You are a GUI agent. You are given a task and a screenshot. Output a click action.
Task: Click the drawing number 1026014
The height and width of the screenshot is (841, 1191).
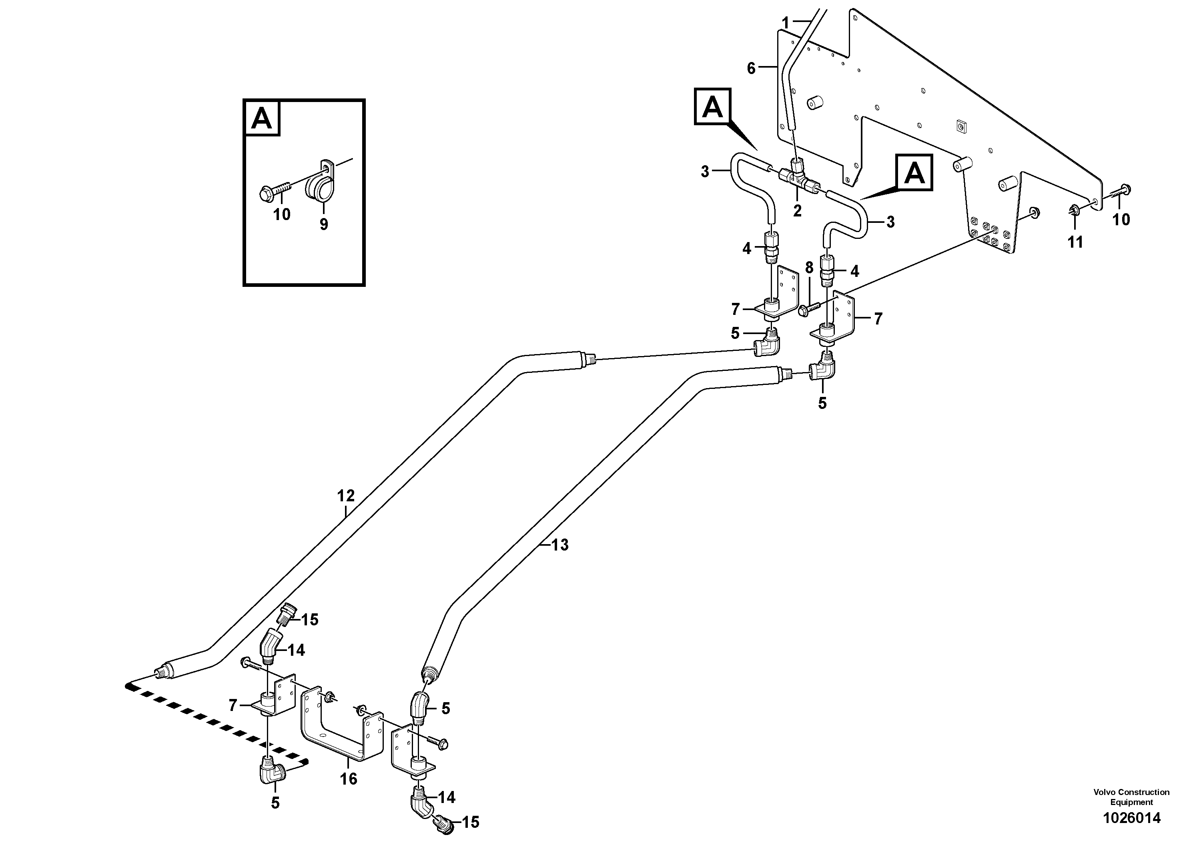coord(1131,818)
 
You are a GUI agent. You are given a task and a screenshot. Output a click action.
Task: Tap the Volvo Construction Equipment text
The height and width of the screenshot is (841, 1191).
coord(1131,797)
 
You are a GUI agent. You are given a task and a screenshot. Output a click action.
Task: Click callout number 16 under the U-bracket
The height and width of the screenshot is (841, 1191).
coord(349,778)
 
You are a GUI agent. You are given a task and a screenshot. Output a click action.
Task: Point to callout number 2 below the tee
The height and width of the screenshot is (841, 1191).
coord(797,210)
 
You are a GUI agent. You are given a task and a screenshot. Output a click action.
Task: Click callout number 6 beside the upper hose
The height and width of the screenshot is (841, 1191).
coord(751,68)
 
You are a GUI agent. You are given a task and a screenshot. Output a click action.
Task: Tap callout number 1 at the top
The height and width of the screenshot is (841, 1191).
coord(785,23)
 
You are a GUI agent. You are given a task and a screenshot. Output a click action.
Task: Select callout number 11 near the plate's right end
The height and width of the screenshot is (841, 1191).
coord(1075,242)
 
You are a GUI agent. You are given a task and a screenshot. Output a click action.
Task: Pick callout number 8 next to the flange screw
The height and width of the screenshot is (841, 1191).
coord(809,268)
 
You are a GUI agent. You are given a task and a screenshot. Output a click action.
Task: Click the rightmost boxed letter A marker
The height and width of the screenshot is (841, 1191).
coord(914,173)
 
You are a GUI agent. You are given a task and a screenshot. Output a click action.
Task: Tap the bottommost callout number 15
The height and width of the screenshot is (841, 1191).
coord(471,822)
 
